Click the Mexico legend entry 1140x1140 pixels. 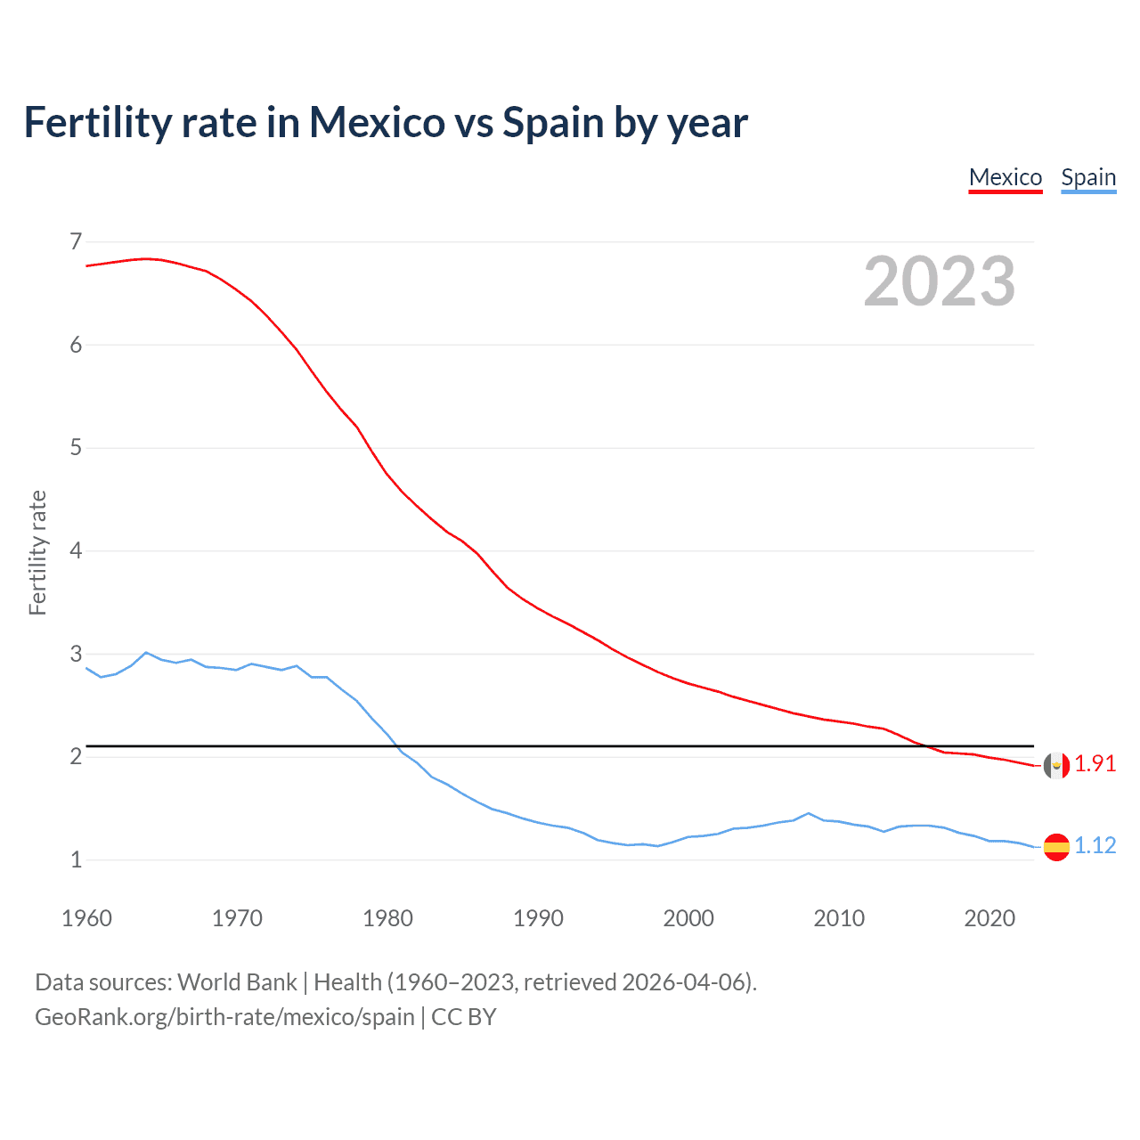(1006, 177)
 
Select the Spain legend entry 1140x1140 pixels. (1088, 177)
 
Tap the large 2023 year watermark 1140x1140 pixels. (940, 281)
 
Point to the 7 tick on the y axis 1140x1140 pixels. (76, 241)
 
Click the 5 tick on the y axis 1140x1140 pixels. (76, 447)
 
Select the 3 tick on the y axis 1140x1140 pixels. (76, 654)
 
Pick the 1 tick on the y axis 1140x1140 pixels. (76, 859)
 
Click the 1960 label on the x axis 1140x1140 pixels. (86, 918)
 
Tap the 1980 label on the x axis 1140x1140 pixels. (387, 918)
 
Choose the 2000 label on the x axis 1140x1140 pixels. (688, 918)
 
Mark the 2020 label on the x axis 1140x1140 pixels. (989, 918)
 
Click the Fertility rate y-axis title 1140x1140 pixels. (37, 552)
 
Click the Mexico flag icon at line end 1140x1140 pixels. (1056, 765)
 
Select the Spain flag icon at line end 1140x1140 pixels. (1056, 846)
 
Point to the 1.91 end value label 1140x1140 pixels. (1095, 764)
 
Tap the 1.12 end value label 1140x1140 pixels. (1095, 845)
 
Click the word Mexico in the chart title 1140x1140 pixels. (376, 122)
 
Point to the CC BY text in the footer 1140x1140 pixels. (463, 1017)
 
